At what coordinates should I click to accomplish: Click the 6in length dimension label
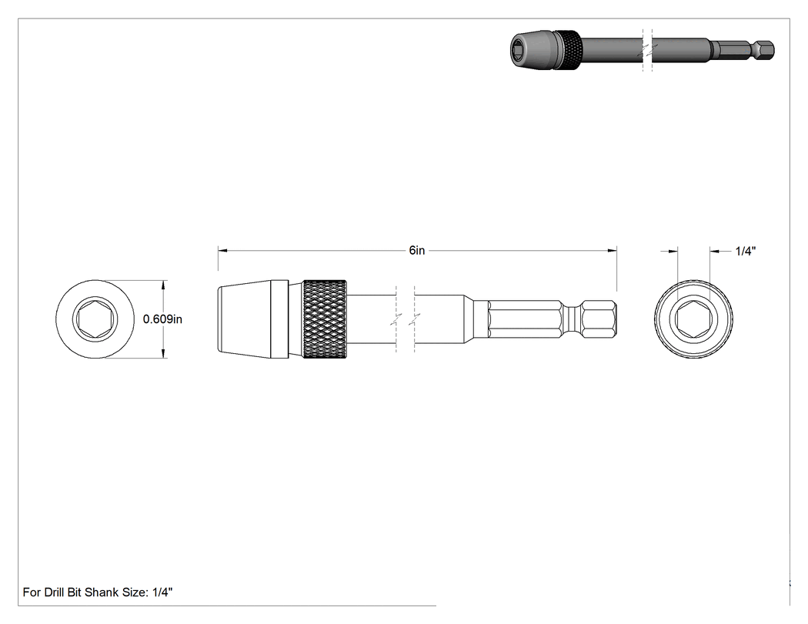click(x=417, y=250)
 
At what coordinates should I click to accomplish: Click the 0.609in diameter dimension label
click(x=163, y=319)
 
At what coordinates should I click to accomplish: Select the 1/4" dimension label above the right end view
click(x=745, y=251)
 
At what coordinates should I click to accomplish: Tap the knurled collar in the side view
click(x=325, y=319)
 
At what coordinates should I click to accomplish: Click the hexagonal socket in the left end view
click(x=95, y=319)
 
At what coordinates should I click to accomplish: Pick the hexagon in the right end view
click(x=693, y=319)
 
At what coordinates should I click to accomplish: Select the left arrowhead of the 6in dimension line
click(x=222, y=251)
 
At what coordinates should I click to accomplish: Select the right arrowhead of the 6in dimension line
click(x=613, y=251)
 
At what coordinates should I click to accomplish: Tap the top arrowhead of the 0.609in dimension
click(x=164, y=285)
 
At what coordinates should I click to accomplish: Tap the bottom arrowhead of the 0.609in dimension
click(x=164, y=353)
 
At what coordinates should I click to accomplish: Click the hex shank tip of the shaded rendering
click(x=766, y=49)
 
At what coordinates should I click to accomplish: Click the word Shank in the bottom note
click(x=102, y=592)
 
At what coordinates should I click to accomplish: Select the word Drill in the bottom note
click(x=54, y=592)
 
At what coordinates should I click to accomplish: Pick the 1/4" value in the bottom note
click(x=162, y=592)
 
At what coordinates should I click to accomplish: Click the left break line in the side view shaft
click(x=396, y=319)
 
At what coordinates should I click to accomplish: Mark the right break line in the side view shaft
click(x=414, y=319)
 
